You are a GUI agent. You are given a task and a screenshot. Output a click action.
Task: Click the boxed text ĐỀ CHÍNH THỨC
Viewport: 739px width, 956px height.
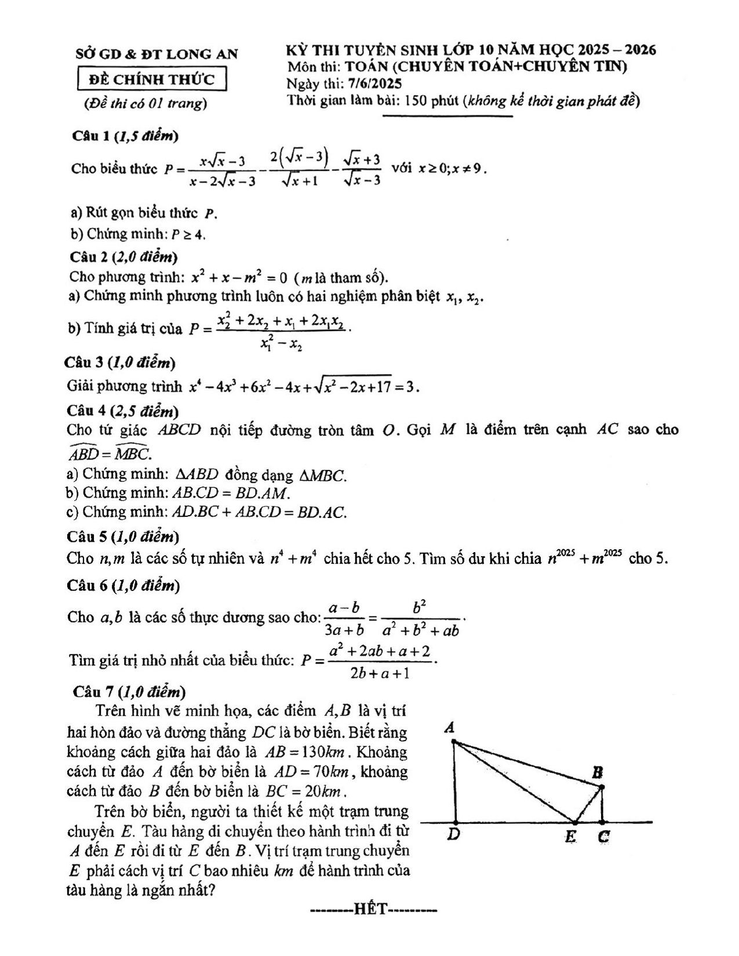click(x=151, y=79)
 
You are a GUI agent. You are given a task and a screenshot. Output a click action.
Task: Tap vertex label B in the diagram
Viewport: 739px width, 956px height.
click(x=598, y=772)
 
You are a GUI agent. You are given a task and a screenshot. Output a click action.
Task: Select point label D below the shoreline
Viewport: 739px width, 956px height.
click(x=455, y=836)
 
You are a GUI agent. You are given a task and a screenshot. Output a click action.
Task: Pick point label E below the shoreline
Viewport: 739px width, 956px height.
click(x=571, y=837)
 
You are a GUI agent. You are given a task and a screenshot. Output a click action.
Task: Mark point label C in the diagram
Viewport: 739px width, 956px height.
click(x=603, y=837)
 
